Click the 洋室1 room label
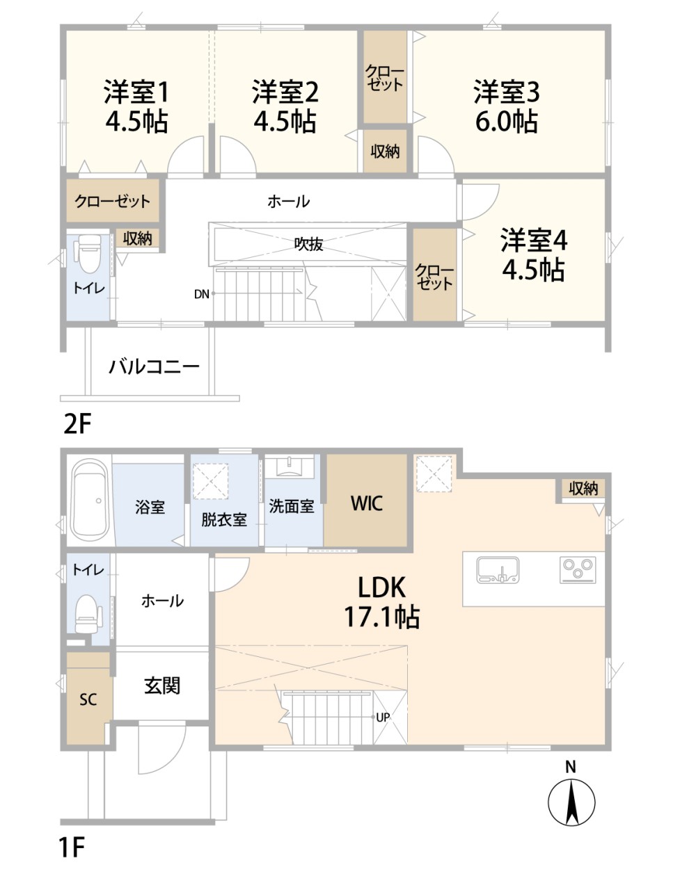click(136, 106)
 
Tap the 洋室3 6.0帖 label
click(506, 106)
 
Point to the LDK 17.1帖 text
click(381, 602)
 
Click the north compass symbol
click(571, 802)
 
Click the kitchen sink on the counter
click(498, 569)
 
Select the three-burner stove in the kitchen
click(578, 569)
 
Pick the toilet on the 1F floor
click(86, 612)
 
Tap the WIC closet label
click(366, 503)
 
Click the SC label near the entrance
click(88, 699)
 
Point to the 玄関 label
click(162, 685)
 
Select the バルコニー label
click(155, 366)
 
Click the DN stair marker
click(201, 294)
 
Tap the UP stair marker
click(382, 717)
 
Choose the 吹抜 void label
click(308, 244)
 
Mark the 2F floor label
click(77, 423)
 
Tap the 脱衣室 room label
click(223, 519)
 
